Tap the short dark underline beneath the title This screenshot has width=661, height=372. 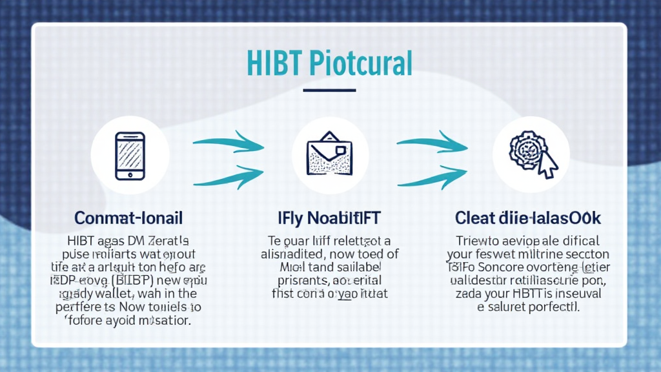tap(329, 90)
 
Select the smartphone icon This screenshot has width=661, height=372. tap(130, 156)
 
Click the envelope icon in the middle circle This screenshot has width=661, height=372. tap(330, 156)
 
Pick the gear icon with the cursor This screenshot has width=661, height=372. tap(529, 154)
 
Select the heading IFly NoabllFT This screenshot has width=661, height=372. tap(330, 216)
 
